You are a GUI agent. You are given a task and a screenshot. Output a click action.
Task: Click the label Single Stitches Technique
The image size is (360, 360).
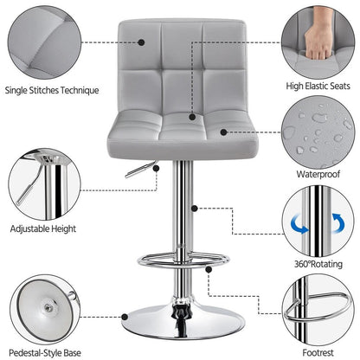pos(52,89)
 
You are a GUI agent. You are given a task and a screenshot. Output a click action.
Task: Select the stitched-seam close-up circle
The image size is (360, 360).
pos(41,40)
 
